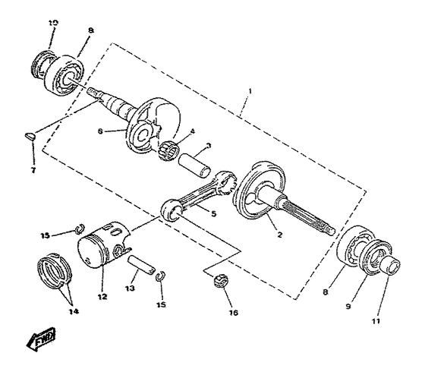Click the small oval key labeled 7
pyautogui.click(x=29, y=136)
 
